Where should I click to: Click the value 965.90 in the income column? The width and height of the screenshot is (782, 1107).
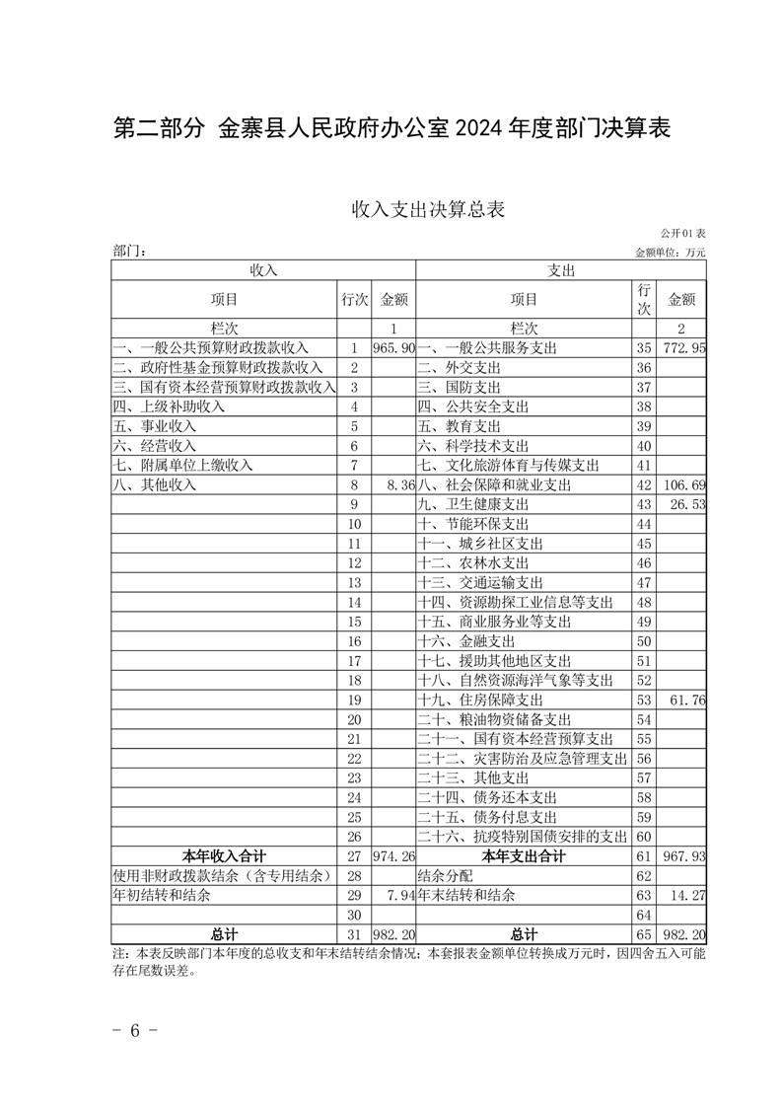[x=393, y=348]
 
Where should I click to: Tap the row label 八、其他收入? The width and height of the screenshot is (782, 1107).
[x=156, y=484]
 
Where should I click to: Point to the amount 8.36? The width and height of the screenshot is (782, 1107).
[x=399, y=484]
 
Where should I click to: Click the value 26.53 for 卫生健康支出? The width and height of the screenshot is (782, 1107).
[x=688, y=504]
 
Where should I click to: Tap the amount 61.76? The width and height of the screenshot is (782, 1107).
[x=688, y=700]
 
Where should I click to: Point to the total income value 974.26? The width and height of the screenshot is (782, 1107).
[x=393, y=856]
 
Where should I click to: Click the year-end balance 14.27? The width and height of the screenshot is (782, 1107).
[x=688, y=896]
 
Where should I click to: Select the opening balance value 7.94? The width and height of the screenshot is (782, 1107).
[x=399, y=896]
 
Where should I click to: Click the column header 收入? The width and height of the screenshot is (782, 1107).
[x=263, y=270]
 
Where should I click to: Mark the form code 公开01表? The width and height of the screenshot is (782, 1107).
[x=682, y=234]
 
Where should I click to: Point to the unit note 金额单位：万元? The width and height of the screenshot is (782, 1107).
[x=671, y=253]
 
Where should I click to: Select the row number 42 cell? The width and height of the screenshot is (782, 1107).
[x=644, y=484]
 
